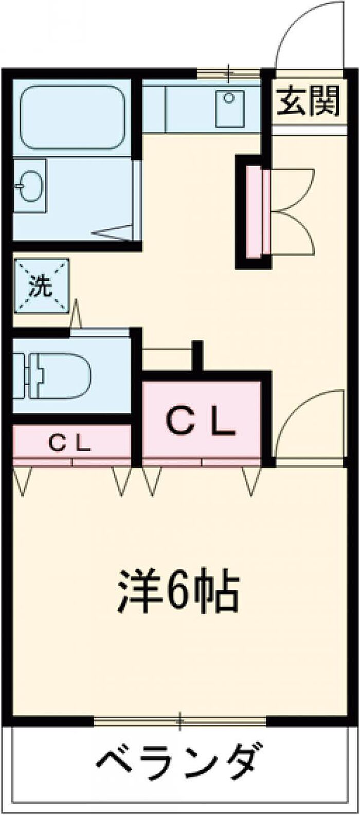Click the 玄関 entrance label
click(x=309, y=100)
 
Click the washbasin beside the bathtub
click(x=31, y=186)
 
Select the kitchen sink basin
click(x=229, y=107)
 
